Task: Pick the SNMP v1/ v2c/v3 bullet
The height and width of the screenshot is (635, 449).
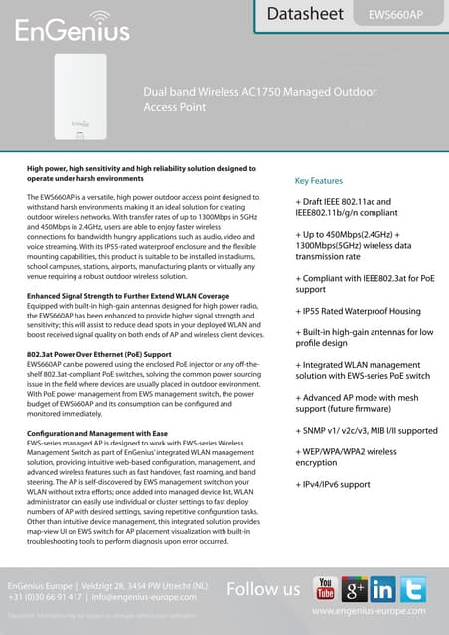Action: click(x=367, y=431)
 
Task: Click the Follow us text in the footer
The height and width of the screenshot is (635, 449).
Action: click(x=263, y=590)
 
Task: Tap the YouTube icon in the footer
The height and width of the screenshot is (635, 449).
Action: click(x=324, y=589)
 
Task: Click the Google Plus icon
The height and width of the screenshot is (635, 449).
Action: click(x=355, y=589)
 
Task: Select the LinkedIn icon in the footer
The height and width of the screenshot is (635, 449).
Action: click(x=384, y=589)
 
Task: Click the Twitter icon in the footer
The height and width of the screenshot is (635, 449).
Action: click(x=415, y=589)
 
